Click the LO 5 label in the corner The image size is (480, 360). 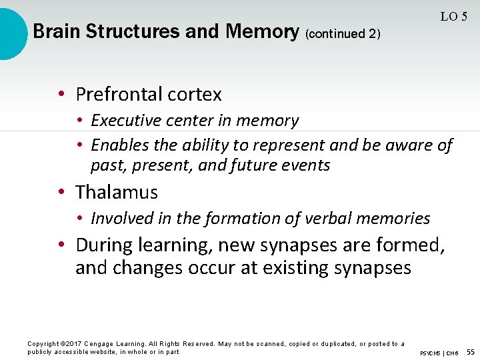pos(453,17)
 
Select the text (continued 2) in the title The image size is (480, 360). pos(342,33)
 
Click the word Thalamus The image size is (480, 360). pos(117,193)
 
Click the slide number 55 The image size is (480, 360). pos(470,351)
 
